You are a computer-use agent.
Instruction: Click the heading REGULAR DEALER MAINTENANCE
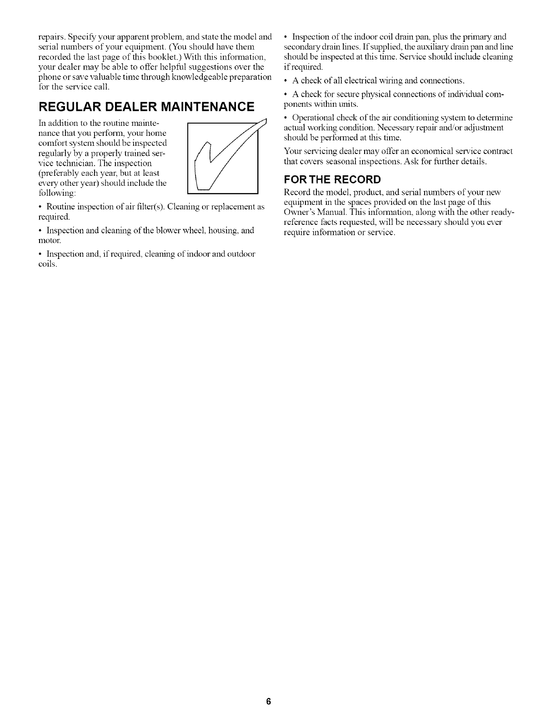pyautogui.click(x=146, y=107)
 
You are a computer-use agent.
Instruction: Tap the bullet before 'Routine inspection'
pyautogui.click(x=41, y=207)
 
